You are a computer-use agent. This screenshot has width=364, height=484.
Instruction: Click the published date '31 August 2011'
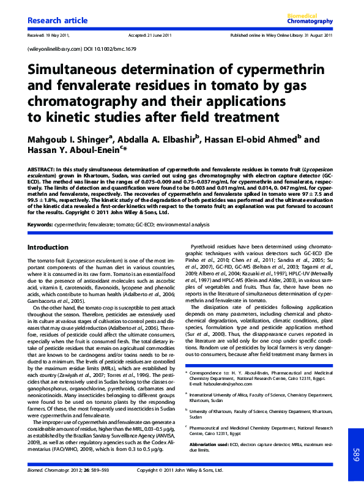tap(319, 35)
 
